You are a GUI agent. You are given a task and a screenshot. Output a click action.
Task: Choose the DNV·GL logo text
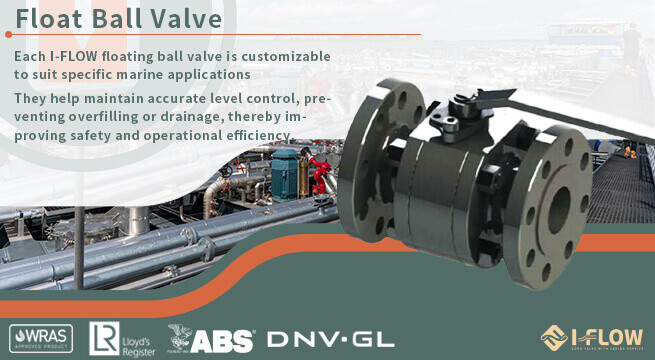pyautogui.click(x=331, y=338)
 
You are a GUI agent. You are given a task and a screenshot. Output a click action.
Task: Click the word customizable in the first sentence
pyautogui.click(x=280, y=57)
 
